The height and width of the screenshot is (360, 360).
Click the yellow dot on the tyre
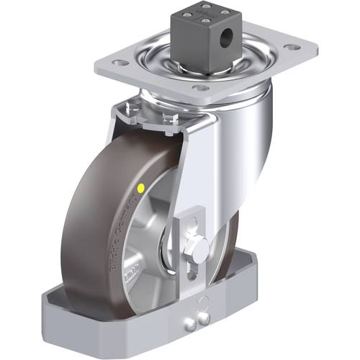tap(140, 189)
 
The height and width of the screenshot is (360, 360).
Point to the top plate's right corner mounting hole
tap(290, 50)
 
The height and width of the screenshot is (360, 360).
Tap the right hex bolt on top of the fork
tap(168, 119)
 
